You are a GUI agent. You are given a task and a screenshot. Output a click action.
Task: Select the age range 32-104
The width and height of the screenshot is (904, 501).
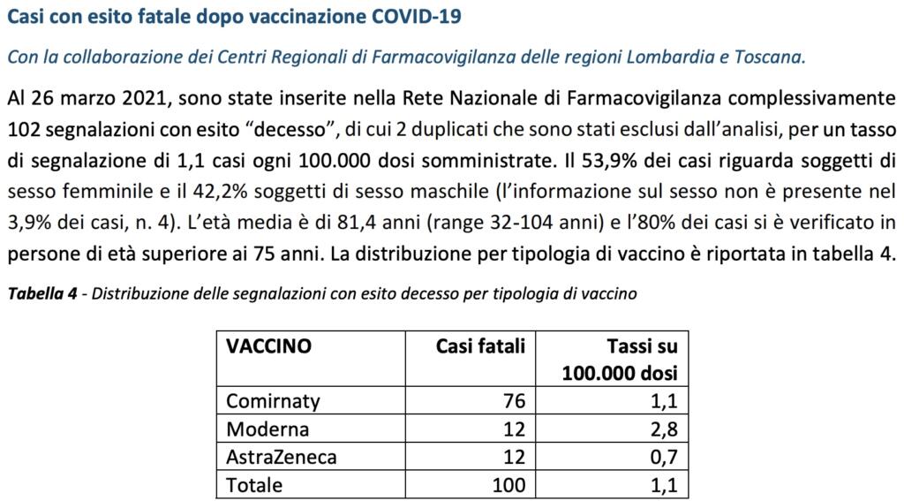(459, 222)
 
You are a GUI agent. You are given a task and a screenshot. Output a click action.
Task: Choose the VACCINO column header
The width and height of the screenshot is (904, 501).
(268, 346)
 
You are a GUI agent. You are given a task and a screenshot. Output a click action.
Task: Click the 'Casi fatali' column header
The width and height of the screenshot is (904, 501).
(480, 346)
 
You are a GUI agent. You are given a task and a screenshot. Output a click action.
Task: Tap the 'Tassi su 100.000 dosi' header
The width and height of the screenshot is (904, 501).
(620, 359)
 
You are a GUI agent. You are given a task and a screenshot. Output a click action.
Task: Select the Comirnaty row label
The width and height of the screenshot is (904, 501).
(273, 401)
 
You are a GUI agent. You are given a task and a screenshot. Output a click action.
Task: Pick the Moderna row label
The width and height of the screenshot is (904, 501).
(267, 429)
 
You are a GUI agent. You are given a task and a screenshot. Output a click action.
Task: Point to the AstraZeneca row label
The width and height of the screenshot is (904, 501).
(281, 457)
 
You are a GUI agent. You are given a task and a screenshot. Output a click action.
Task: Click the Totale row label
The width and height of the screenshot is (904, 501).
(254, 485)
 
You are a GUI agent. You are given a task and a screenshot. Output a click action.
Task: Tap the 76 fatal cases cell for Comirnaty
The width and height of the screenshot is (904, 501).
(514, 401)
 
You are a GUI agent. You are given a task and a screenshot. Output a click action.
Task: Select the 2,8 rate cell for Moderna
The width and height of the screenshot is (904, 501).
(665, 429)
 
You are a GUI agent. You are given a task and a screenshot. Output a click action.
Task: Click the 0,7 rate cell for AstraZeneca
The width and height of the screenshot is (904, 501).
(665, 457)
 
